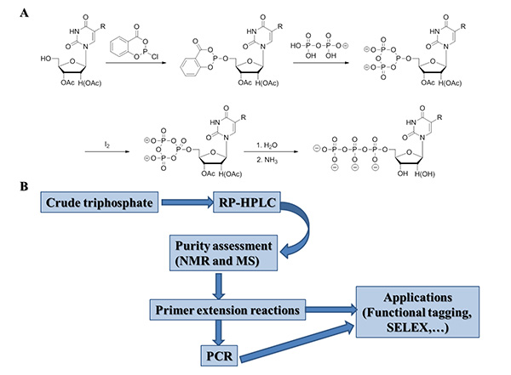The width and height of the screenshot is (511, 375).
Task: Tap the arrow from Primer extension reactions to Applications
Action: click(332, 312)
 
